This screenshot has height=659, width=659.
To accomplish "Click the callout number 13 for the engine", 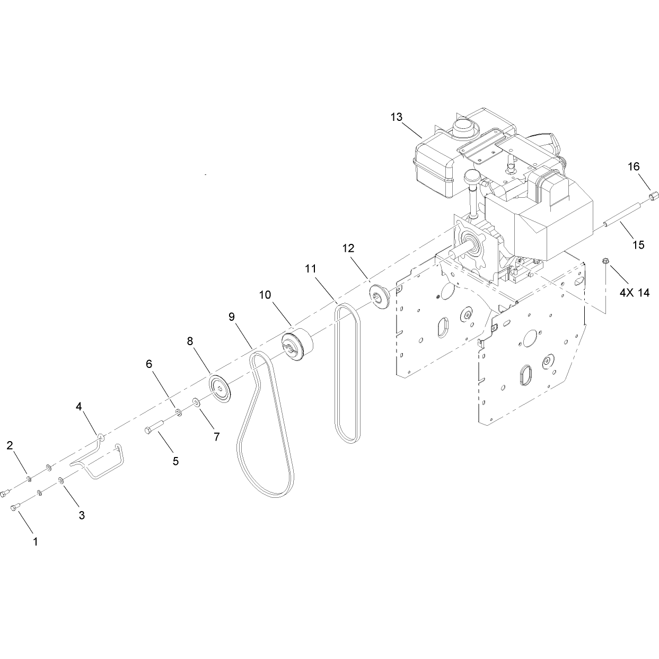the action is coord(397,117).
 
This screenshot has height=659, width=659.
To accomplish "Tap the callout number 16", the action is coord(634,166).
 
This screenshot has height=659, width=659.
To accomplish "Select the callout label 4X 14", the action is coord(635,293).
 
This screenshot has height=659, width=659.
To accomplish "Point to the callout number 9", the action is coord(232,317).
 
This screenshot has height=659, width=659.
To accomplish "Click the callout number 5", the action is coord(175,461).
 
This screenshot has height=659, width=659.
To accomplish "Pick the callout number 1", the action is coord(35,541).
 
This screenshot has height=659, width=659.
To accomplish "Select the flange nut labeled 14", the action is coord(604,262).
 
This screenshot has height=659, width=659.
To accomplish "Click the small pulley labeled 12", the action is coord(380,296).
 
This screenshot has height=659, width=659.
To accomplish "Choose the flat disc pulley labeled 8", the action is coord(219,389).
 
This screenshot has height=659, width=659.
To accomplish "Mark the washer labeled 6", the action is coord(179,412).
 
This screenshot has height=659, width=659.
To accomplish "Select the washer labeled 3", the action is coord(61,480).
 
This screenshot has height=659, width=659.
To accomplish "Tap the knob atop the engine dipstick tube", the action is coord(472,178).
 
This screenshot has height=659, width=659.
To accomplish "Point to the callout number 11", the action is coord(311,268).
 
